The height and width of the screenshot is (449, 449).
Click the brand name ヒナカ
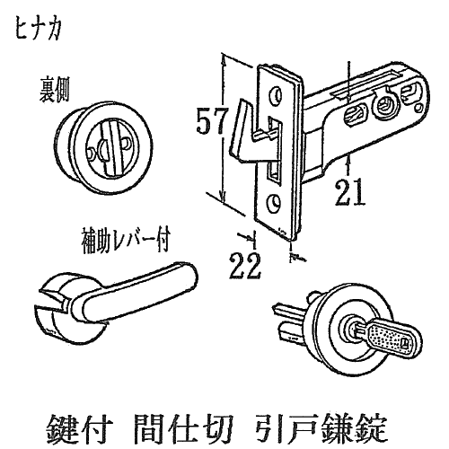click(x=38, y=31)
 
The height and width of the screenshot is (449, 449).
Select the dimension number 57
click(x=212, y=120)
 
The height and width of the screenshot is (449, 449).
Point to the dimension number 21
click(x=349, y=192)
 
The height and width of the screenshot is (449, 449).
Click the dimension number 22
click(x=245, y=266)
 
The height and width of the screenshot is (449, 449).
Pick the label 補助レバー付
click(x=126, y=241)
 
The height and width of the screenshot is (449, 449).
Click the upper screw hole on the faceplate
click(x=276, y=95)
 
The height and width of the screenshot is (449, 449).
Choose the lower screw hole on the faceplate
click(x=274, y=203)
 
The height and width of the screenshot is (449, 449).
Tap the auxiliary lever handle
click(x=137, y=293)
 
